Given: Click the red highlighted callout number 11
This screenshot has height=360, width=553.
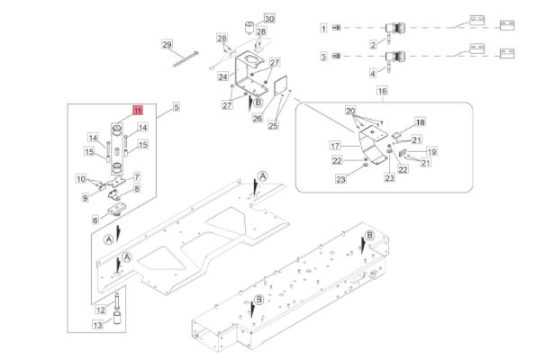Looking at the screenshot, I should coord(138,109).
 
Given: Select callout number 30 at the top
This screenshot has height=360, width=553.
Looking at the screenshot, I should coord(268,18).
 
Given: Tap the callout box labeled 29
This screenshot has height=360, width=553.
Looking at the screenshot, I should coord(167,44).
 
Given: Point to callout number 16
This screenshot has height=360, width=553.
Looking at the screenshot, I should coord(382,92).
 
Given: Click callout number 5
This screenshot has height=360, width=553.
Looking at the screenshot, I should coord(176,107).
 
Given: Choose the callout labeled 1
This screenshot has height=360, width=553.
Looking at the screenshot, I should coord(323,29).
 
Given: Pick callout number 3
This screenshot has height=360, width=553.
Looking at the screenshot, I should coord(323,58).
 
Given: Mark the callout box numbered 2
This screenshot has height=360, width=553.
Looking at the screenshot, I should coord(374,44).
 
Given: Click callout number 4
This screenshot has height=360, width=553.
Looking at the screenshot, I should coord(374,74).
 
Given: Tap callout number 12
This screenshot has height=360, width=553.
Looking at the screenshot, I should coord(101,310).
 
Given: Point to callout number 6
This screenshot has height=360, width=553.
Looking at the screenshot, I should coord(95,219).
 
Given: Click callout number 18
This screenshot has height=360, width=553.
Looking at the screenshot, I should coord(420,121).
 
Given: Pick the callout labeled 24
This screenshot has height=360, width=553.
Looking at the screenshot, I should coord(222,77).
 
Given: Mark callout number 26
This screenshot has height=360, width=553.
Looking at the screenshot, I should coord(258,117).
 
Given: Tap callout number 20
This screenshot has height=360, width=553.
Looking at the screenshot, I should coord(350,109).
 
